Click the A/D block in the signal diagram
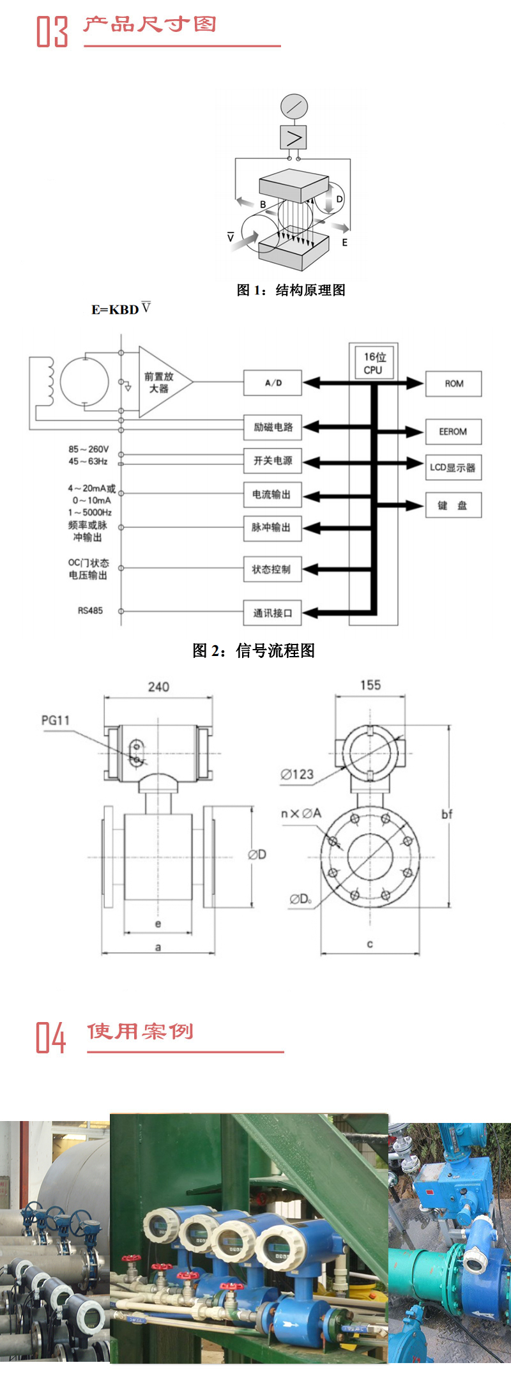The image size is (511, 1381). point(273,383)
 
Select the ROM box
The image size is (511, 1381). point(454,384)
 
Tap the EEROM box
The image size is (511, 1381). point(454,432)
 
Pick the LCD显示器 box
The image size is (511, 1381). point(453,468)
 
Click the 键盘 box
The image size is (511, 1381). point(453,505)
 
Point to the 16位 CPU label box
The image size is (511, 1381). point(374,363)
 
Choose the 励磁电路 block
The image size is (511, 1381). point(273,427)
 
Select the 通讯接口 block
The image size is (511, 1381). point(273,613)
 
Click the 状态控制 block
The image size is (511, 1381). point(273,569)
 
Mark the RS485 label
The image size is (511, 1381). point(90,611)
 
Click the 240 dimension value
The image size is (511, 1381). point(158,687)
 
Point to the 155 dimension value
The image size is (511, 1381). point(370,685)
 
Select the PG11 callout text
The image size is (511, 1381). point(56,720)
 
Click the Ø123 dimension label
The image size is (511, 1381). point(298,774)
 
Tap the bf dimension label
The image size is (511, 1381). point(447,814)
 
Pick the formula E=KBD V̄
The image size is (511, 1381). point(121,309)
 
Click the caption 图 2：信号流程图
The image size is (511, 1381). point(254,650)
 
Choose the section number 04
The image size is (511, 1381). point(51,1037)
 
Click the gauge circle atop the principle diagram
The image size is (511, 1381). point(294,107)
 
